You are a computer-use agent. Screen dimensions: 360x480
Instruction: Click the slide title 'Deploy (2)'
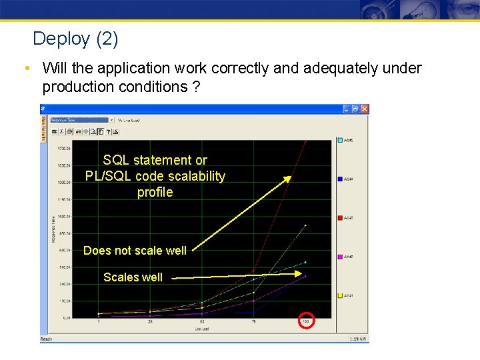75,39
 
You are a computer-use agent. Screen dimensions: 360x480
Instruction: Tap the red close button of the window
364,109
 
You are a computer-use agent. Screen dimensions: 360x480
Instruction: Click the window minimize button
347,109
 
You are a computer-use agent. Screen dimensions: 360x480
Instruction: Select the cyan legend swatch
341,140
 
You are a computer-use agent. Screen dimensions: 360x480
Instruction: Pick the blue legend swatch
341,179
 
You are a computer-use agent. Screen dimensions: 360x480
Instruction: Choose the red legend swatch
341,217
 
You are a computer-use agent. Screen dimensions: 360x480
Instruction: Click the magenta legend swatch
341,256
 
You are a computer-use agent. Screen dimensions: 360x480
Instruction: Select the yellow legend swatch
341,295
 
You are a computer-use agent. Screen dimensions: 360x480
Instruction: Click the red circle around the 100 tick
306,322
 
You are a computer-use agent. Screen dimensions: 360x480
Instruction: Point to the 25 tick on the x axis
151,322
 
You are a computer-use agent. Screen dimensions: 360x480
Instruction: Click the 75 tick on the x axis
254,322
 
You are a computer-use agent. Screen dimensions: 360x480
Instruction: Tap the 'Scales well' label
133,277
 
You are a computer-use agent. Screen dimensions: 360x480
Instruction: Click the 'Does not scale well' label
135,251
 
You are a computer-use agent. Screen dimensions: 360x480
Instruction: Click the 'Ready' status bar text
46,339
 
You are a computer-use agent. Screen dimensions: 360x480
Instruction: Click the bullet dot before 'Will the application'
25,69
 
